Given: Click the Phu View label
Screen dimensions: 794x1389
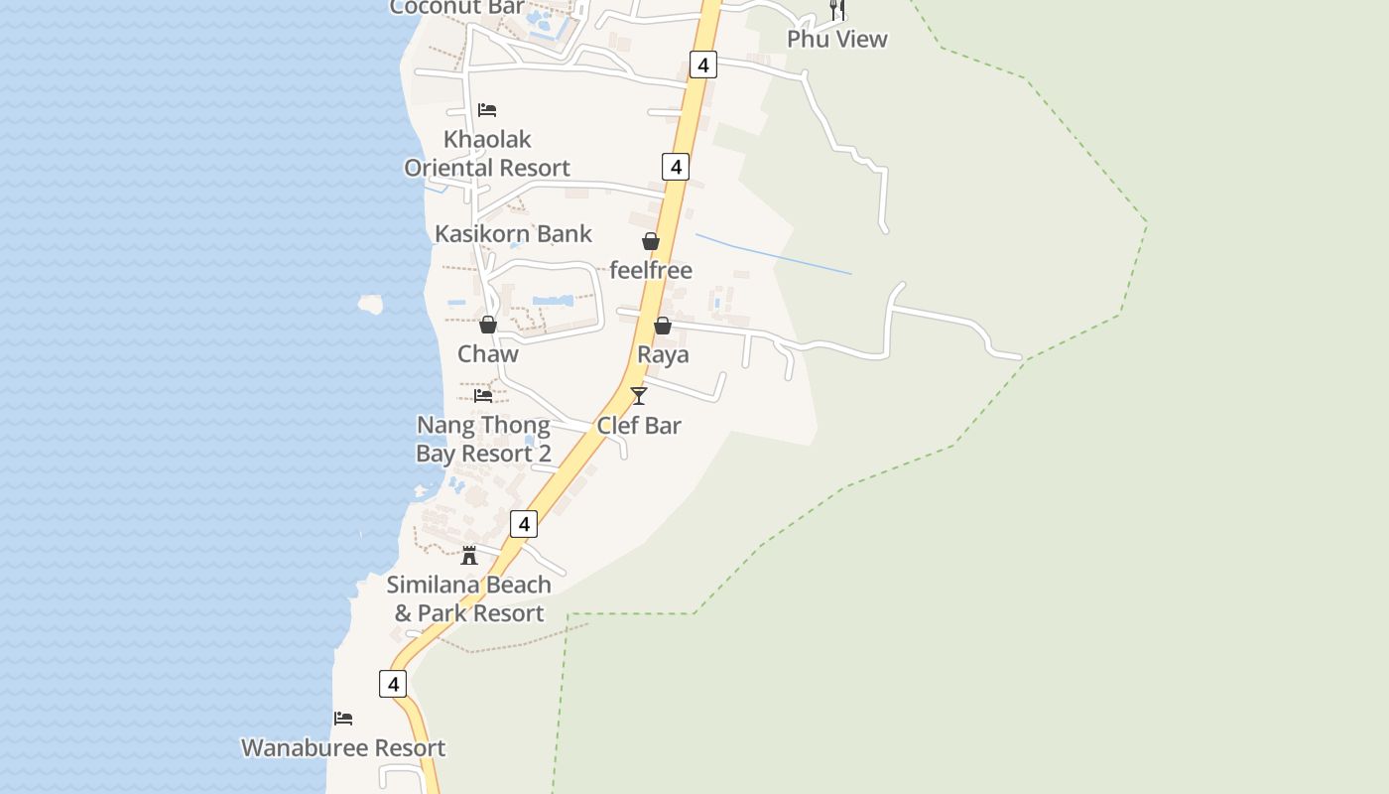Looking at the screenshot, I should click(x=836, y=39).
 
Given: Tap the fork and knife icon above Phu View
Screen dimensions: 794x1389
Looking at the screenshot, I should click(x=837, y=10).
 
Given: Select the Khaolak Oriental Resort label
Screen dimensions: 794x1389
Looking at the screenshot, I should click(x=486, y=153).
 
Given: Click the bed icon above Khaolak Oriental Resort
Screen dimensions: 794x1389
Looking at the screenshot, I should click(x=486, y=109).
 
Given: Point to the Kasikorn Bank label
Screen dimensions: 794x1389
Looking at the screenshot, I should click(x=513, y=233).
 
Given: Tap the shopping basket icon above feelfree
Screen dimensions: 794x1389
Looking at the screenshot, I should click(x=650, y=241).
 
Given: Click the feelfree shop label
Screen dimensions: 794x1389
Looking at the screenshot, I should click(x=650, y=270).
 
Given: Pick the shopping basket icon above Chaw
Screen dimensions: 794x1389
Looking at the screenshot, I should click(x=487, y=325).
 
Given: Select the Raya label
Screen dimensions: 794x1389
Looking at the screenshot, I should click(x=663, y=354).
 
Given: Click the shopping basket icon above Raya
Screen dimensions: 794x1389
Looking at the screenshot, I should click(x=662, y=326).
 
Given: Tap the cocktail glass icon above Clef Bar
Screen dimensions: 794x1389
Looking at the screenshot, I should click(x=638, y=396).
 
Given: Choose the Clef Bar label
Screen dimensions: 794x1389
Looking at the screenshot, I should click(x=638, y=425).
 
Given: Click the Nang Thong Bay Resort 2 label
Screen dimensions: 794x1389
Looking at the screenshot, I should click(x=483, y=439).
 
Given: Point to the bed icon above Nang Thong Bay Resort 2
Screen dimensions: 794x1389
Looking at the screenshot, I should click(x=483, y=395).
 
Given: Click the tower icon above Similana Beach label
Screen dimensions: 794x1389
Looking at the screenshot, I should click(x=469, y=555).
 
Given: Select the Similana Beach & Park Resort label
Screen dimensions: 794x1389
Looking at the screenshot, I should click(x=469, y=598).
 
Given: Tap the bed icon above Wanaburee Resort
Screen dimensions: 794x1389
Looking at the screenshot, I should click(x=343, y=719).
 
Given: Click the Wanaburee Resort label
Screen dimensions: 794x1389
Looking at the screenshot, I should click(x=343, y=747).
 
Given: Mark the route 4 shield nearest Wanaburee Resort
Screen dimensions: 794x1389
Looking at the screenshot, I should click(x=393, y=684).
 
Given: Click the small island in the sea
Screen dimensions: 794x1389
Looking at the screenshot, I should click(x=370, y=304).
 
